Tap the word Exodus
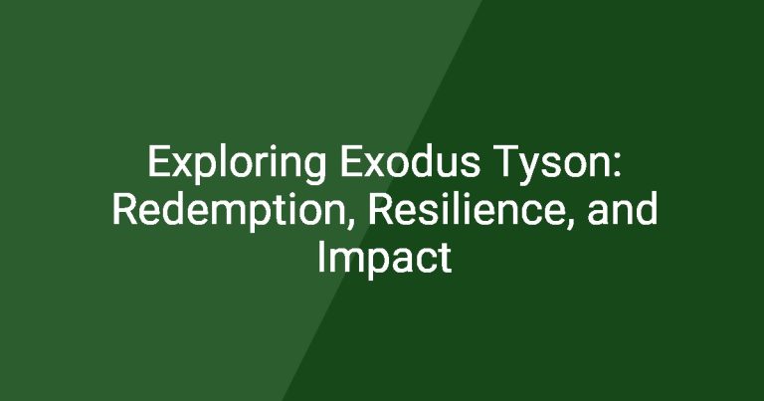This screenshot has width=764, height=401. click(x=410, y=161)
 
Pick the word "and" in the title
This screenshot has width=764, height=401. click(x=623, y=209)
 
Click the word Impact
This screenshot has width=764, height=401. click(x=384, y=259)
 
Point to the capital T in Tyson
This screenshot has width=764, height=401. click(x=506, y=161)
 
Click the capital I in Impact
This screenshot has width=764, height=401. click(x=320, y=257)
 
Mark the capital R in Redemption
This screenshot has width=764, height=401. click(x=124, y=209)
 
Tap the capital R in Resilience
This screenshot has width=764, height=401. click(x=380, y=209)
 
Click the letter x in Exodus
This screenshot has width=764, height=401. click(x=376, y=165)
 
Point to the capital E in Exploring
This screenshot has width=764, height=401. click(x=158, y=161)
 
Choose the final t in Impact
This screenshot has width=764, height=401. click(x=445, y=259)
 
